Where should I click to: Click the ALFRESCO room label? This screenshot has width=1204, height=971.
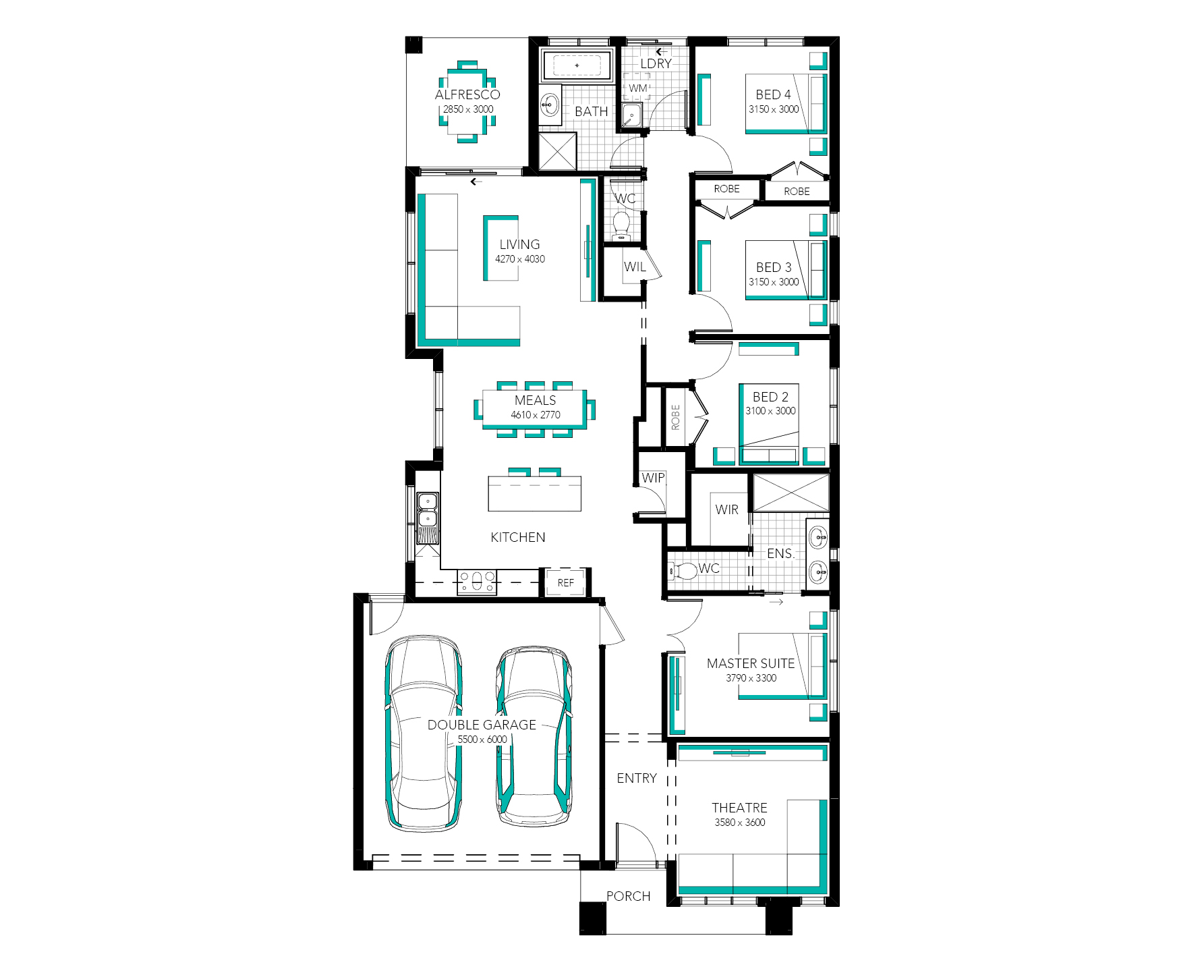tap(467, 94)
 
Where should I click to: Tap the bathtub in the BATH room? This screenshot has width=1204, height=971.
tap(577, 66)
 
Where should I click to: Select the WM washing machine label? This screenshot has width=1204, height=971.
tap(638, 88)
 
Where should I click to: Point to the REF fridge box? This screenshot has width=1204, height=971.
tap(565, 582)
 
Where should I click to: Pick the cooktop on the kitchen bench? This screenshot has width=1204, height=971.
tap(477, 582)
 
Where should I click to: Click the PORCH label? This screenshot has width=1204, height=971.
tap(629, 896)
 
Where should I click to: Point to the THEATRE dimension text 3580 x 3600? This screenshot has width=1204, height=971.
tap(740, 823)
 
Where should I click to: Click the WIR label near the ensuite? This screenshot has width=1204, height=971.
tap(727, 509)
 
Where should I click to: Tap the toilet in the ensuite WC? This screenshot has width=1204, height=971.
tap(683, 571)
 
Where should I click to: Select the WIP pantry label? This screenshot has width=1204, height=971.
tap(653, 478)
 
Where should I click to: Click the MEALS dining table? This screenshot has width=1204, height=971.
tap(534, 408)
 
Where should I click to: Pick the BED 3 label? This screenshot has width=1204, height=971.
tap(774, 267)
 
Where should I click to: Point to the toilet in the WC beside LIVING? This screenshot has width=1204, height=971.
tap(621, 225)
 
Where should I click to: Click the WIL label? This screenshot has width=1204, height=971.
tap(635, 267)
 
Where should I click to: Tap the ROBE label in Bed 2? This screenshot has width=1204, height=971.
tap(675, 417)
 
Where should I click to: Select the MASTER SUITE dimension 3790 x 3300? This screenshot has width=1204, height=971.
tap(751, 678)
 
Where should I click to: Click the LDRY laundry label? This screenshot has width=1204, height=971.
tap(656, 63)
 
